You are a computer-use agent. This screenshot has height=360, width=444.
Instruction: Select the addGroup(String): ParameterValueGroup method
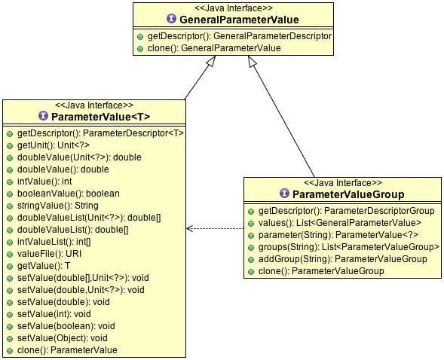tap(342, 258)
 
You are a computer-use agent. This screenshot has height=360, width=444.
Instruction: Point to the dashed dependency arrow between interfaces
tap(215, 227)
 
